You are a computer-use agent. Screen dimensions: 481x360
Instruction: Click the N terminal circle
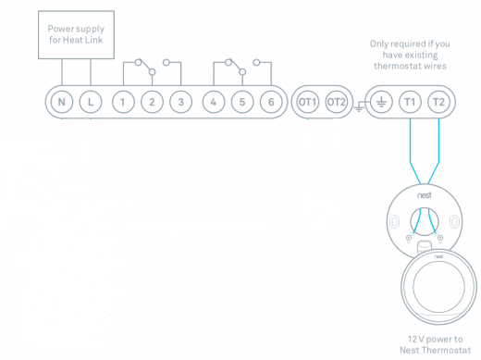[x=62, y=102]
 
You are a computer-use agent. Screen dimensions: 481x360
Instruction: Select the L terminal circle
[x=91, y=102]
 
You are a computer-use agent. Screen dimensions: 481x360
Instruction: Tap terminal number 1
[x=123, y=102]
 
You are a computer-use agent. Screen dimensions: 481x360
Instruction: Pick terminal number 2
[x=152, y=102]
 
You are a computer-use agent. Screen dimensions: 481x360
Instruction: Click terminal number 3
[x=181, y=102]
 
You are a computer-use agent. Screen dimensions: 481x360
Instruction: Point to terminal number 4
[x=214, y=102]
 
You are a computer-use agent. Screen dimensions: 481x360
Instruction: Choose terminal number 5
[x=242, y=102]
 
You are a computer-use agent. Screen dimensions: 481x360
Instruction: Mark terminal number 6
[x=271, y=102]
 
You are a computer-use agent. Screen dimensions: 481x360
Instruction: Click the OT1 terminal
[x=308, y=102]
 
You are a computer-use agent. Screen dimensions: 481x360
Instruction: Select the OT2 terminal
[x=337, y=102]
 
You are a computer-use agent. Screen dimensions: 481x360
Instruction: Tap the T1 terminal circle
[x=410, y=102]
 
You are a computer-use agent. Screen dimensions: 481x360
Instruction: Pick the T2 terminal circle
[x=438, y=102]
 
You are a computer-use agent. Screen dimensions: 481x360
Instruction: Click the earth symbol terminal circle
[x=381, y=102]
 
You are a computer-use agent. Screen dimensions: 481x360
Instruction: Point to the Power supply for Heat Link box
[x=76, y=34]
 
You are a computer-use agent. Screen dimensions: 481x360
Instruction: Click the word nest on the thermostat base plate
[x=425, y=195]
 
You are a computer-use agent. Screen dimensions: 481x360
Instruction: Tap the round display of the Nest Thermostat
[x=438, y=287]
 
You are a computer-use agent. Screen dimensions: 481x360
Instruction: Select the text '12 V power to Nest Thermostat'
[x=435, y=344]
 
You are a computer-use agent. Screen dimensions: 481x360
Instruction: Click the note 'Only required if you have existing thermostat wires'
[x=410, y=55]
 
